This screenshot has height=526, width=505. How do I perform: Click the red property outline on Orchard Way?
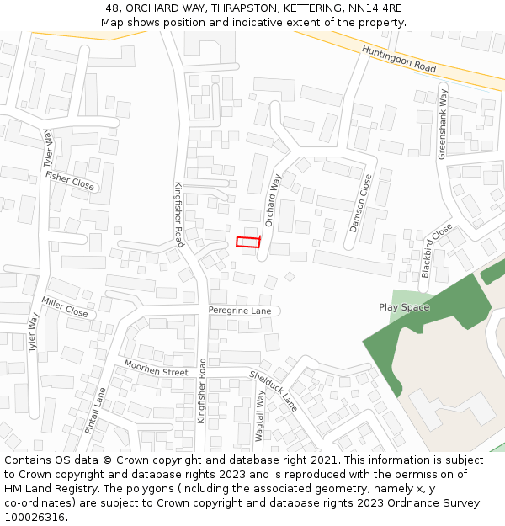[x=247, y=242]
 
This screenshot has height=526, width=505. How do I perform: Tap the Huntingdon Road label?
[x=399, y=59]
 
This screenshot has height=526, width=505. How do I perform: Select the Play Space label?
[x=404, y=307]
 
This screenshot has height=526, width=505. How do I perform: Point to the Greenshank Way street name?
[x=443, y=124]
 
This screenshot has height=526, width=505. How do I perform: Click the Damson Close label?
[x=359, y=204]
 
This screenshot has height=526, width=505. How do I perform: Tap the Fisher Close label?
[x=70, y=179]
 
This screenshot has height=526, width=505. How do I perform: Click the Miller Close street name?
[x=65, y=307]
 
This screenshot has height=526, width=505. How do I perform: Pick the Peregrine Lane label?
[x=240, y=311]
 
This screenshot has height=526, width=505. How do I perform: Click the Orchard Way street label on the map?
[x=273, y=200]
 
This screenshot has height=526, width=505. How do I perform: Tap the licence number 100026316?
[x=35, y=517]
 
